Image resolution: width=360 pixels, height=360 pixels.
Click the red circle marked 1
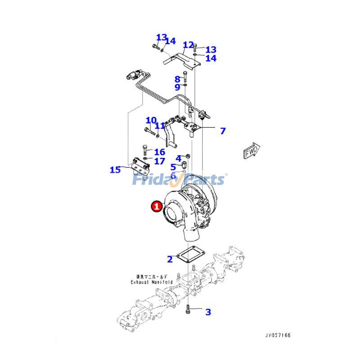tap(156, 207)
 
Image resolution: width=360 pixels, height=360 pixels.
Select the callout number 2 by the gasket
tap(170, 259)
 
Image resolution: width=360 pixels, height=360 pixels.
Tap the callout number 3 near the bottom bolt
tap(208, 312)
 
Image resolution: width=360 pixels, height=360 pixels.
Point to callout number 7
tap(222, 131)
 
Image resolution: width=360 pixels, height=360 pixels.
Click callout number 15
tap(115, 170)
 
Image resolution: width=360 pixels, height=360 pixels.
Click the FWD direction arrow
tap(251, 152)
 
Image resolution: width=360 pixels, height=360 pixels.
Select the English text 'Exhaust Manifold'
tap(152, 282)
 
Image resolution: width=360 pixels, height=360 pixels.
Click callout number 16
tap(159, 152)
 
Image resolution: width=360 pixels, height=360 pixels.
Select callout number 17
tap(159, 161)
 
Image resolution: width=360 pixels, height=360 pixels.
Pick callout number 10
tap(151, 121)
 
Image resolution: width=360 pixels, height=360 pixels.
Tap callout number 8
tap(177, 79)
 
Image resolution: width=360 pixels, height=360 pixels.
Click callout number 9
tap(177, 87)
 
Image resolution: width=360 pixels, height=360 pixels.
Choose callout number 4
tap(178, 158)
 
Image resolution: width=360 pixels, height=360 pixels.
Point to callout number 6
tap(173, 175)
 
